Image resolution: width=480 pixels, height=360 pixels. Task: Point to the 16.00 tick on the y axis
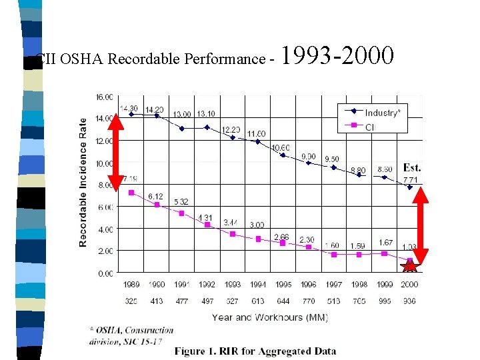(104, 97)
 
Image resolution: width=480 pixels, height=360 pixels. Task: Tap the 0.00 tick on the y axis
(105, 273)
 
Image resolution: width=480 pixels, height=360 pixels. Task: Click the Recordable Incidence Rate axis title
(83, 182)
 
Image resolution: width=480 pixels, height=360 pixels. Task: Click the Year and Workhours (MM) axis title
(269, 317)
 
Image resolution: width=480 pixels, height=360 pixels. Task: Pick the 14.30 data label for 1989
(129, 108)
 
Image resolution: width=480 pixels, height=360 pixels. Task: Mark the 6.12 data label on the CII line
(155, 195)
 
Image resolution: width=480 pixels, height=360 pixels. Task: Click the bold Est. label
(411, 168)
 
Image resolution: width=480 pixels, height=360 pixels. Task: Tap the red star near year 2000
(409, 267)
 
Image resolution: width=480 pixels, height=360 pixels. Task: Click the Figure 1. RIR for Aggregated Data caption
(255, 351)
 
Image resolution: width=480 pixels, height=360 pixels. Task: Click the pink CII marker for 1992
(207, 225)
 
